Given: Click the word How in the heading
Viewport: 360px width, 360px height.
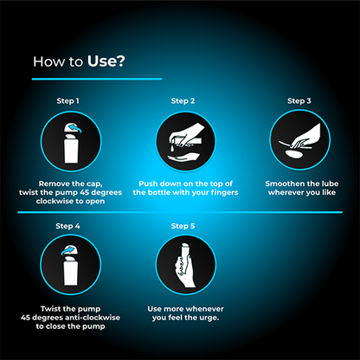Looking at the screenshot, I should (45, 61).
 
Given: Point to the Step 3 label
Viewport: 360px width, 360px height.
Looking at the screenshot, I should (298, 101).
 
